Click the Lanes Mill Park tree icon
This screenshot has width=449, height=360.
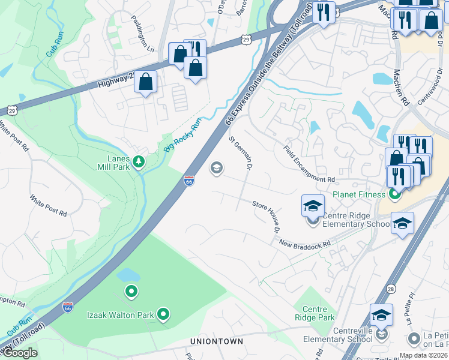pyautogui.click(x=139, y=162)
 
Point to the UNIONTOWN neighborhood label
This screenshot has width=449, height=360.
pyautogui.click(x=217, y=341)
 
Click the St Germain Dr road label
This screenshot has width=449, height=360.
pyautogui.click(x=240, y=152)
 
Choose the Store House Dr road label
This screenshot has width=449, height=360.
pyautogui.click(x=266, y=217)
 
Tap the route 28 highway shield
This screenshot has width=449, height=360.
pyautogui.click(x=391, y=289)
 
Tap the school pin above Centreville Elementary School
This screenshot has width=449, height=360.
pyautogui.click(x=381, y=314)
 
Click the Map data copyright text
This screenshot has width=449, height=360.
pyautogui.click(x=423, y=355)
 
